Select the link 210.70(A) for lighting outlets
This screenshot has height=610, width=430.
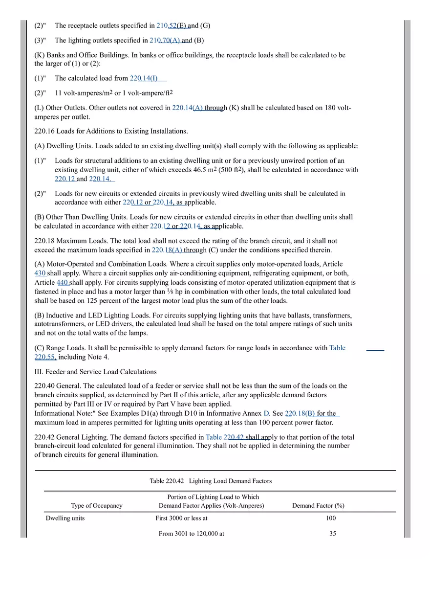(168, 40)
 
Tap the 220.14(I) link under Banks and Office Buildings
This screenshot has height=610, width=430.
(144, 78)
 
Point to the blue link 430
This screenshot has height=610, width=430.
(40, 273)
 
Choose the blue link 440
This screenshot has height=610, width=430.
(63, 282)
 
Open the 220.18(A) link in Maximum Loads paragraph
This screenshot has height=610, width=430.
(167, 250)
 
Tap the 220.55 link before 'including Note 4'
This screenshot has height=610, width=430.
(45, 357)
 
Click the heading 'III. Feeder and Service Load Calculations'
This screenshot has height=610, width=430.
(95, 372)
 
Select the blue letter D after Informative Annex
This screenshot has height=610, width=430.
(266, 413)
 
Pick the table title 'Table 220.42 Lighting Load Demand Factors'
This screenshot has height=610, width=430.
(211, 481)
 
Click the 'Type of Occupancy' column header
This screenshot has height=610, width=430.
(97, 506)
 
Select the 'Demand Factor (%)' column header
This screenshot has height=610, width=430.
(318, 506)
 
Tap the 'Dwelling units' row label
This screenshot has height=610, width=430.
(65, 519)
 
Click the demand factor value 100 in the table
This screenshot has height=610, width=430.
(331, 519)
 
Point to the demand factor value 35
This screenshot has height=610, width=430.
(333, 534)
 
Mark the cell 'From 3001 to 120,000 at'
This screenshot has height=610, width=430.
(192, 534)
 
